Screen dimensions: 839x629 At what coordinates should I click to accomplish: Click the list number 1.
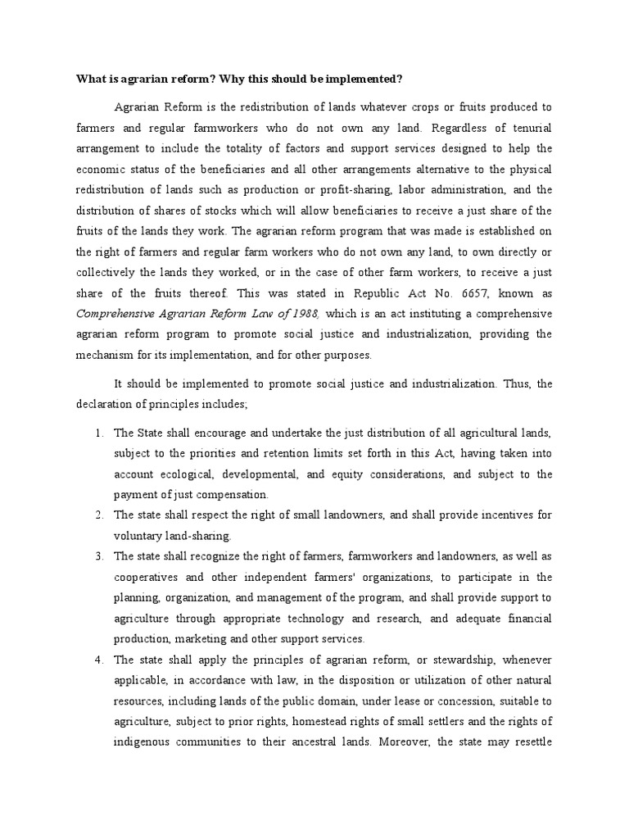click(x=98, y=433)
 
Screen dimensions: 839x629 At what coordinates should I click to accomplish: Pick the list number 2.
click(x=98, y=515)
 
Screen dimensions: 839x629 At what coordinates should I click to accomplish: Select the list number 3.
click(x=98, y=556)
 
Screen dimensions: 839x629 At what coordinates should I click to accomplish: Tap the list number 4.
click(x=98, y=659)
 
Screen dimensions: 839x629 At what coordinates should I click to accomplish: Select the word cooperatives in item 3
click(x=146, y=577)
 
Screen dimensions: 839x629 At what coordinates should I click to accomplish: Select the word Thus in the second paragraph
click(x=514, y=383)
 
